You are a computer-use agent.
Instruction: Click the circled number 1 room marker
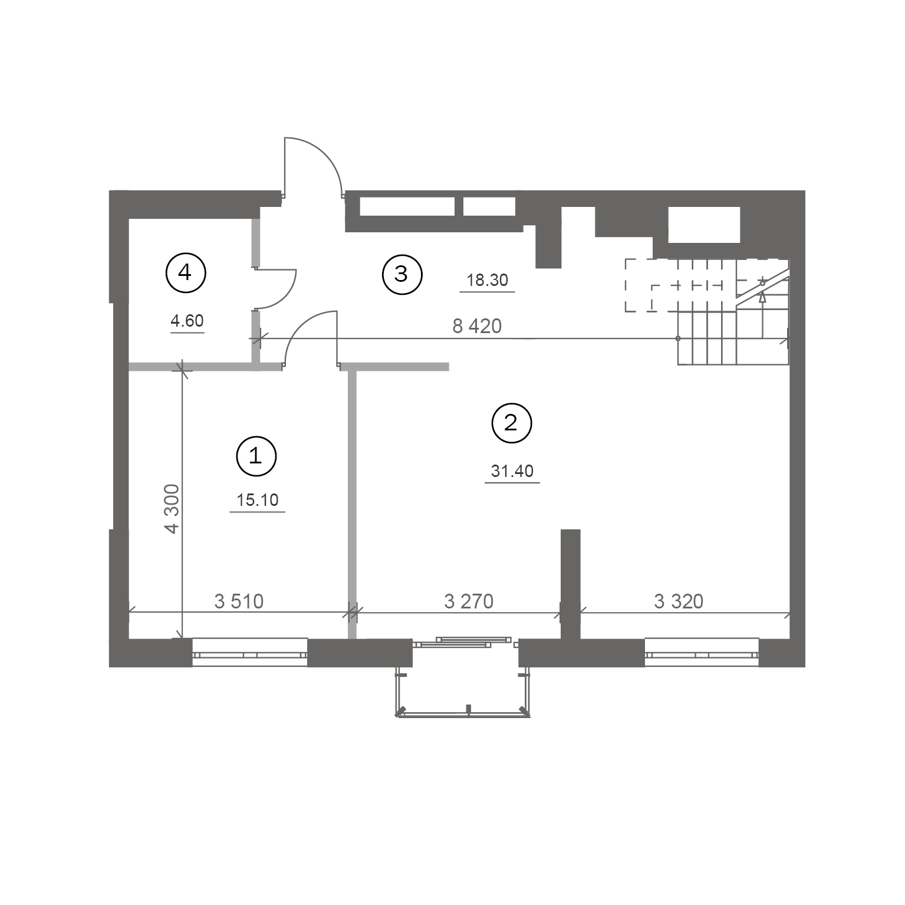coord(256,456)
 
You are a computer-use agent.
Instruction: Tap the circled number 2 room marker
coord(512,423)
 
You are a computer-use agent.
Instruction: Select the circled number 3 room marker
coord(402,274)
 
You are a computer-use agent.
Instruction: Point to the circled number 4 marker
coord(186,272)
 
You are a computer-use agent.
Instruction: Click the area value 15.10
coord(257,501)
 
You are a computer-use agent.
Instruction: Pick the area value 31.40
coord(512,471)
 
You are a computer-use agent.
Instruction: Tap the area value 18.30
coord(487,280)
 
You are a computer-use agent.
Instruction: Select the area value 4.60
coord(187,321)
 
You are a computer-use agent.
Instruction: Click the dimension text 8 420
coord(477,326)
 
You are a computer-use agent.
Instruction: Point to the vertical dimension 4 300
coord(172,509)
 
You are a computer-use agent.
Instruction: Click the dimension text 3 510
coord(239,601)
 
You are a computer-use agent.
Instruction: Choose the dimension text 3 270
coord(469,601)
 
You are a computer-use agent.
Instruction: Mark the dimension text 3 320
coord(679,601)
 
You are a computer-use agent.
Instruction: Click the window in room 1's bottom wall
coord(250,653)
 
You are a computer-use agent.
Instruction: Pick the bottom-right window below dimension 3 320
coord(702,653)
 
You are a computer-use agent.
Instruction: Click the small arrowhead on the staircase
coord(762,298)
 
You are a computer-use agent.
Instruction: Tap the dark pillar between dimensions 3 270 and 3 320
coord(570,584)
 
